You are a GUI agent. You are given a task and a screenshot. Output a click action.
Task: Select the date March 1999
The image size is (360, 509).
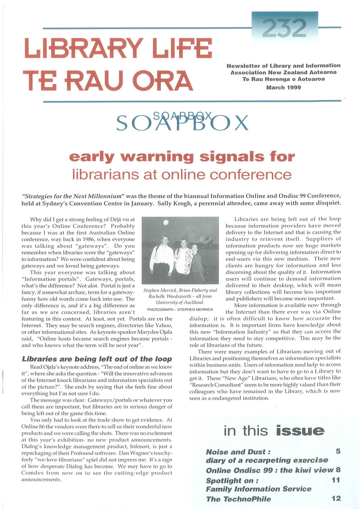283,87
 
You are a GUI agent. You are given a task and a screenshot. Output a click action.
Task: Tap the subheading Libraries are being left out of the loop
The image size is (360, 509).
97,359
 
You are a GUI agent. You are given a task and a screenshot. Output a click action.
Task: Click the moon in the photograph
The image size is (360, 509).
166,222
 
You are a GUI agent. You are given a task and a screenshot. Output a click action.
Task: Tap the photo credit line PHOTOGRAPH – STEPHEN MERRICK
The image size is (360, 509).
180,310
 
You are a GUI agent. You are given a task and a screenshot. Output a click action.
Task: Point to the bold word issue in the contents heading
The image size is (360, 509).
300,431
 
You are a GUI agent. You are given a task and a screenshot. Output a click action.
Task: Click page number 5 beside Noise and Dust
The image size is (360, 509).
338,451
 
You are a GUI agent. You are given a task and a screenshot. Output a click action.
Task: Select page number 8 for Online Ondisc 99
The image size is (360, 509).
338,470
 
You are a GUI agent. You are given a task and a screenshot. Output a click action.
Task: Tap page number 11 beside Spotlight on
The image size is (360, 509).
336,480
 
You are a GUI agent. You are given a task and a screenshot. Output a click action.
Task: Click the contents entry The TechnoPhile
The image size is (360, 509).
238,499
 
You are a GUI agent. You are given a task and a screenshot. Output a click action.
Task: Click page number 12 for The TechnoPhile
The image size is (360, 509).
336,499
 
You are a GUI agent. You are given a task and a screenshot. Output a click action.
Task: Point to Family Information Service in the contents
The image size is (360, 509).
258,489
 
